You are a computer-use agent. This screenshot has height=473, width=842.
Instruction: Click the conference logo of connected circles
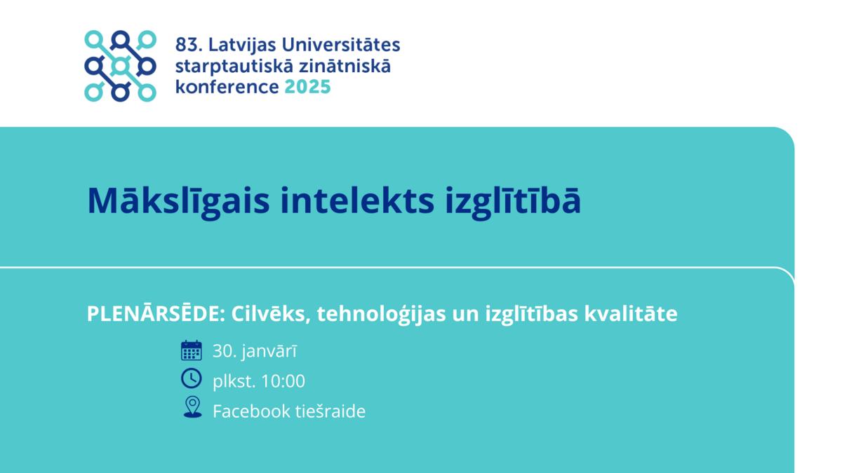(x=120, y=66)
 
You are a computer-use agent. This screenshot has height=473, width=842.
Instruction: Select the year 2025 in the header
(x=307, y=87)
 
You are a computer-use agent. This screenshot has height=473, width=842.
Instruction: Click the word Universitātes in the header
(x=340, y=44)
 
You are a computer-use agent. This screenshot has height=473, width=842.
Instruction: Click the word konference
(x=227, y=87)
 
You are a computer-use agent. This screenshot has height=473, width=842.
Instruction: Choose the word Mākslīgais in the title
(x=178, y=202)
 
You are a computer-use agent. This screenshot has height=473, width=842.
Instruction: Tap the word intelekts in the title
(x=357, y=201)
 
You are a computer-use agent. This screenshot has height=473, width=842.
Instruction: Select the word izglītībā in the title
(x=513, y=202)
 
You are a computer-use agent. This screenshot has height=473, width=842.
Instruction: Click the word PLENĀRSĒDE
(x=156, y=313)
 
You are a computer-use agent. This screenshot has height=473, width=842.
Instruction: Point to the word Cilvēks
(x=271, y=313)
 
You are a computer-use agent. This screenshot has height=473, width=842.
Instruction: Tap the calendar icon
(x=192, y=350)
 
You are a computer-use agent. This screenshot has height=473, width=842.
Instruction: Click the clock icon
(x=192, y=378)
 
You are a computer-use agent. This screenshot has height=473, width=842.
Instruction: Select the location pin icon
(x=192, y=407)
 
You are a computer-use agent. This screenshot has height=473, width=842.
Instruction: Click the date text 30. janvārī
(x=255, y=351)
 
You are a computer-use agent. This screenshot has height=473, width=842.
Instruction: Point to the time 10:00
(x=283, y=381)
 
